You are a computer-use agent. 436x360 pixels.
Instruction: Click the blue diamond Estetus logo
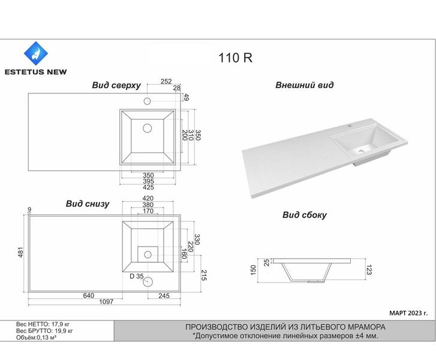(x=36, y=53)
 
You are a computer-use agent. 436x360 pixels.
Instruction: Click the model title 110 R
(x=235, y=58)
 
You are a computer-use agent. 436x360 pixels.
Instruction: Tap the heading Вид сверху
(x=116, y=85)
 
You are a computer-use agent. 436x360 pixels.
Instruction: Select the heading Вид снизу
(x=88, y=203)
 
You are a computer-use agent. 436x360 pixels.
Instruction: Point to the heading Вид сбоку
(x=304, y=215)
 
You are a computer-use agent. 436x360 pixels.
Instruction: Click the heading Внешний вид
(x=304, y=85)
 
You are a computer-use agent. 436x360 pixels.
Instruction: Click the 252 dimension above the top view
(x=166, y=81)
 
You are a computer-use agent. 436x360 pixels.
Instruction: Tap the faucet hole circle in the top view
(x=147, y=101)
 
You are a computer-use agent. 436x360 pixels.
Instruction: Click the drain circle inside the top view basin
(x=147, y=128)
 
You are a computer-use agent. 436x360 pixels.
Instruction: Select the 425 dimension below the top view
(x=148, y=187)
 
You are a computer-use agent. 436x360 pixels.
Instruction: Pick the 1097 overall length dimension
(x=106, y=302)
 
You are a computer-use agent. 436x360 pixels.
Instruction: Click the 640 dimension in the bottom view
(x=88, y=295)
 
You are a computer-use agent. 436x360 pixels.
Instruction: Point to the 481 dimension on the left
(x=21, y=252)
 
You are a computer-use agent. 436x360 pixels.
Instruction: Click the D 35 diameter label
(x=137, y=276)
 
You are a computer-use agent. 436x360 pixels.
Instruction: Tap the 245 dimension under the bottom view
(x=164, y=296)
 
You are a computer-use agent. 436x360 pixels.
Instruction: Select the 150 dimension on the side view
(x=253, y=270)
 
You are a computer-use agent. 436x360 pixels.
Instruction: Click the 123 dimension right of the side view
(x=369, y=270)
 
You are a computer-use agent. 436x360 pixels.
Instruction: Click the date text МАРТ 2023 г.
(x=408, y=313)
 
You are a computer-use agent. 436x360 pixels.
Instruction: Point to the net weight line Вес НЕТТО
(x=43, y=324)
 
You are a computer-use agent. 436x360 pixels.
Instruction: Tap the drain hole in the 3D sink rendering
(x=360, y=151)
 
